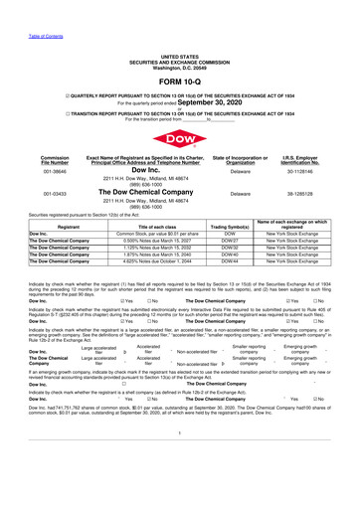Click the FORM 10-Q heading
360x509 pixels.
point(179,57)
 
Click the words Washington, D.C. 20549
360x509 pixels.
point(179,41)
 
